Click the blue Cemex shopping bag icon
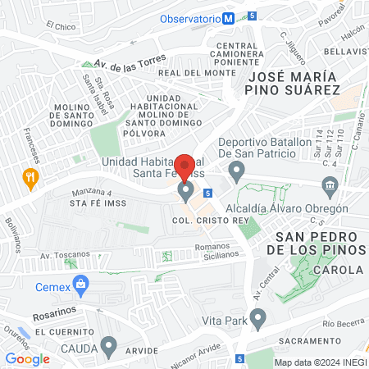[80, 286]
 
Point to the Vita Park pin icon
[259, 317]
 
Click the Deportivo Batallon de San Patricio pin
[238, 172]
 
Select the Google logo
[28, 358]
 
